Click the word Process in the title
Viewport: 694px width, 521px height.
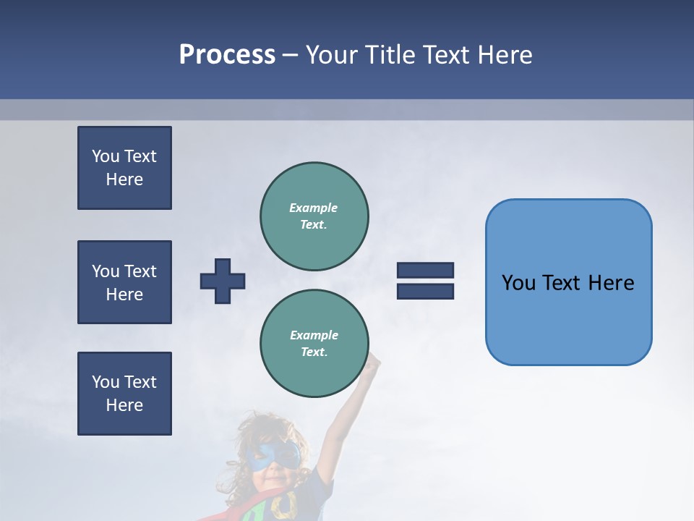(x=227, y=55)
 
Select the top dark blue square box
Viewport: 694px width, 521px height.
(x=124, y=168)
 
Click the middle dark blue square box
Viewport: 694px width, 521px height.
(x=124, y=282)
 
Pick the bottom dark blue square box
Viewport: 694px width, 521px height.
(x=124, y=394)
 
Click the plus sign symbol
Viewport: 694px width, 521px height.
(x=223, y=281)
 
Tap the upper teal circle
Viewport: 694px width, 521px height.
(x=314, y=216)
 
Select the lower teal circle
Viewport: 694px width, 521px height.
(x=314, y=344)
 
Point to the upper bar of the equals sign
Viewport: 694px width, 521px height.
(x=425, y=270)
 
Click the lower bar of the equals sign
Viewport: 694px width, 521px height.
(x=425, y=292)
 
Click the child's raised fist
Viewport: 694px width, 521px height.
(x=372, y=361)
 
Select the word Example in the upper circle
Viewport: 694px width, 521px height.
(x=314, y=208)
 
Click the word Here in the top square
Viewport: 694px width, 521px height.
(x=124, y=179)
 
